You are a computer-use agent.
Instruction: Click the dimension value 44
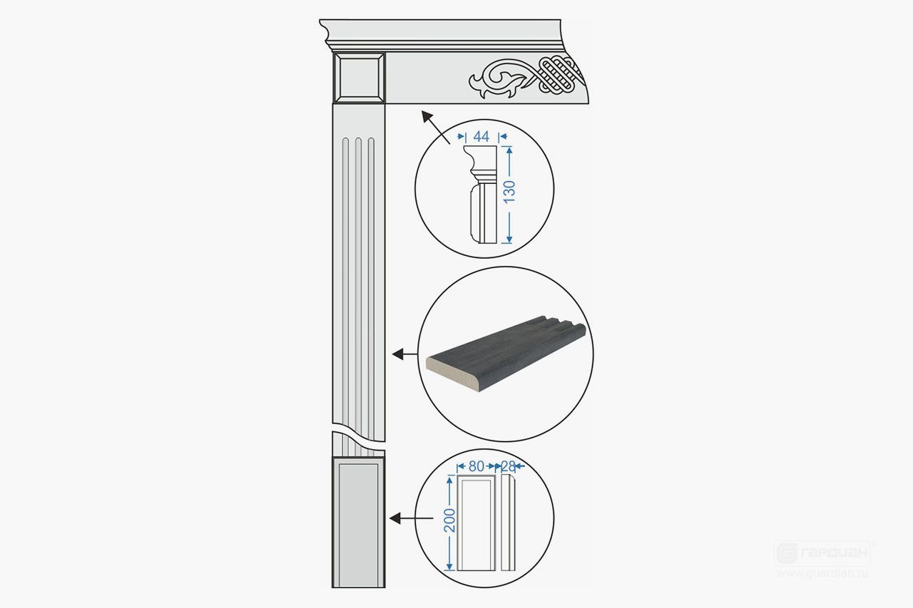tap(481, 136)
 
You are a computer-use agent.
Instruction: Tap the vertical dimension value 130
tap(509, 192)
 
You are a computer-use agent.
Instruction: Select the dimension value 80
tap(476, 466)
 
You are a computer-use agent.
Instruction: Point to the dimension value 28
tap(508, 466)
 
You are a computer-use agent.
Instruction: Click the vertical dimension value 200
tap(449, 520)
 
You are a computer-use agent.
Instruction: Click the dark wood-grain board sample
tap(506, 354)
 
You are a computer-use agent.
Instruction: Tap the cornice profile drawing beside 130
tap(481, 195)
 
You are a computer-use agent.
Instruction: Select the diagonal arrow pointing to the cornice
tap(435, 127)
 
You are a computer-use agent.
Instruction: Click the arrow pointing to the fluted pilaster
tap(404, 354)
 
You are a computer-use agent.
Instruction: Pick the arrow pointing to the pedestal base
tap(412, 518)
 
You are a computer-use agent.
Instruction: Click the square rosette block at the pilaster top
tap(359, 78)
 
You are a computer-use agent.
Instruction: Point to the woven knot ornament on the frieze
tap(561, 73)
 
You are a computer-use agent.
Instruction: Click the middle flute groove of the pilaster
tap(358, 297)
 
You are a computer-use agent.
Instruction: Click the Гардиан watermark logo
tap(822, 553)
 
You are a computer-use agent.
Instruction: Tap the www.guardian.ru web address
tap(822, 573)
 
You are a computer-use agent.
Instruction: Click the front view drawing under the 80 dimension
tap(476, 523)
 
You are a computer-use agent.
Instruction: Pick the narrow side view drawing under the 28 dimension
tap(508, 522)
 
